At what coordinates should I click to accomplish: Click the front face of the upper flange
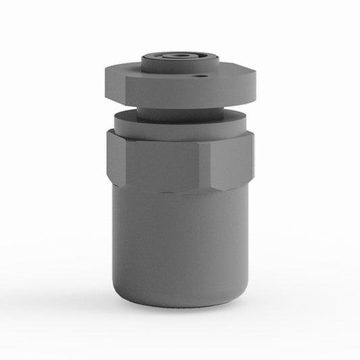pos(176,92)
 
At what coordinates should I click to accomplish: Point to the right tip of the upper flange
pos(257,74)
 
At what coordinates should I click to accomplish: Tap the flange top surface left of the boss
pos(128,68)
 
